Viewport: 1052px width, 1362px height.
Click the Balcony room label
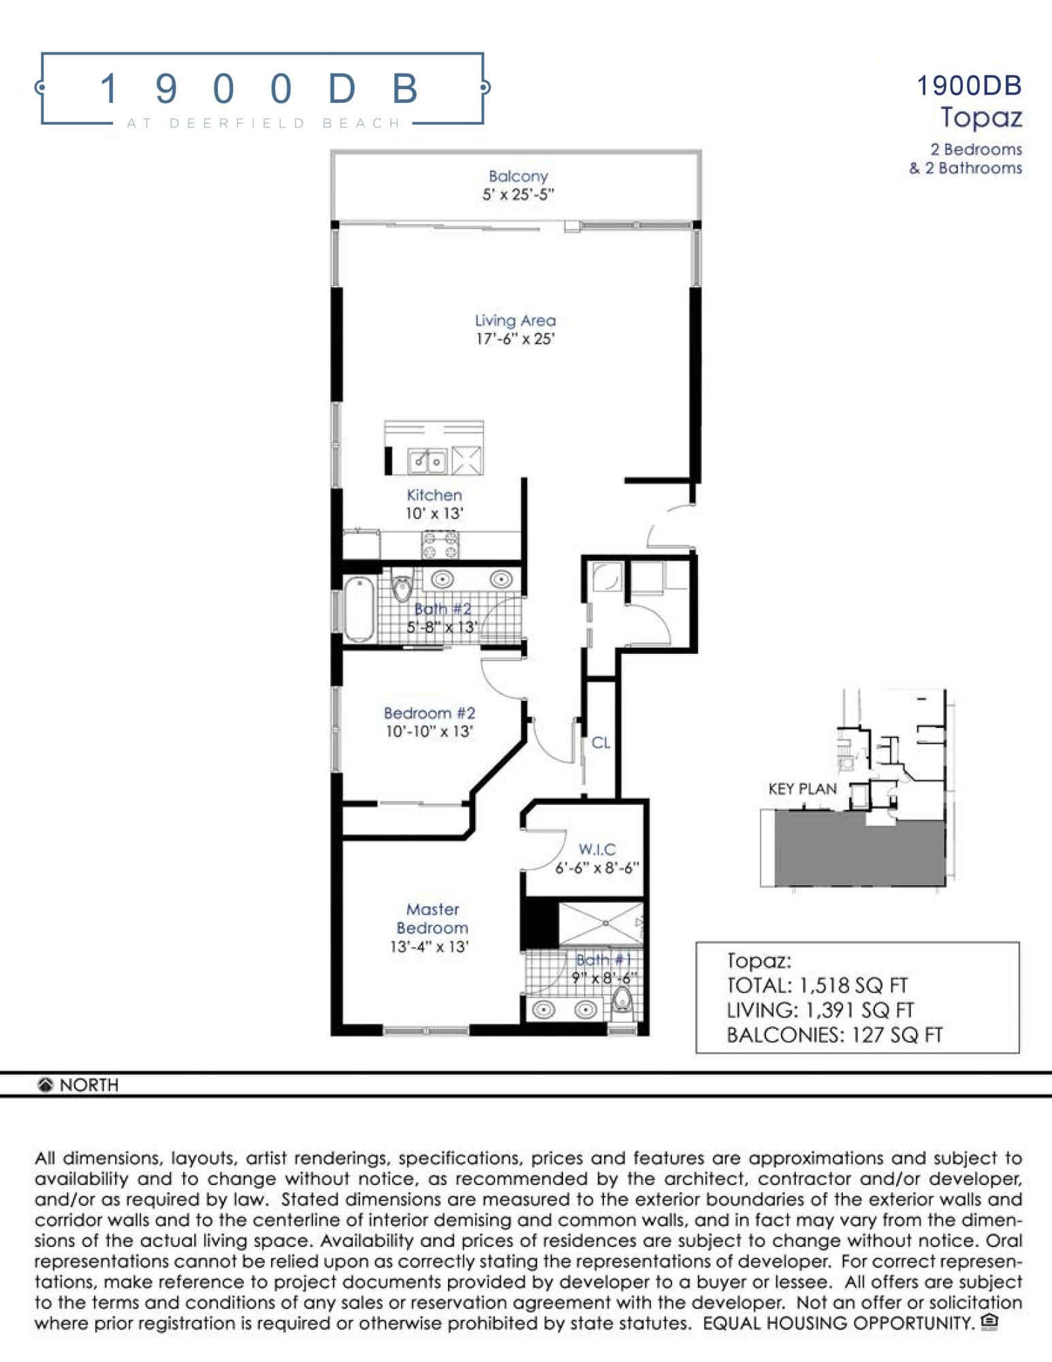[x=517, y=176]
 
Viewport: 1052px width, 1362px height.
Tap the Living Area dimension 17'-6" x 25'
[x=515, y=339]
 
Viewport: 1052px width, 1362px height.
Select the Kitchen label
[x=434, y=495]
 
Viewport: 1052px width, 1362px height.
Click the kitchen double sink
[x=427, y=461]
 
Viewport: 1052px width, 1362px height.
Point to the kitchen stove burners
[x=440, y=545]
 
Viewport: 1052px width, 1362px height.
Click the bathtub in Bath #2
[x=359, y=609]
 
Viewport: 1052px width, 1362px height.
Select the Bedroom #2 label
[x=429, y=713]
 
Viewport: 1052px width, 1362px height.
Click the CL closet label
[x=601, y=742]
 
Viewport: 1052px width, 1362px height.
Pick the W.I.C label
[x=597, y=849]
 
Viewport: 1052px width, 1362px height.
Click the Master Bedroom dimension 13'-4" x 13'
[x=429, y=947]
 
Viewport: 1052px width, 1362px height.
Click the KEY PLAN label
[x=802, y=789]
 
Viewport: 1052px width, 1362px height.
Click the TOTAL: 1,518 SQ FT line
[x=817, y=985]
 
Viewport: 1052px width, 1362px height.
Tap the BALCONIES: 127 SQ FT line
[x=834, y=1035]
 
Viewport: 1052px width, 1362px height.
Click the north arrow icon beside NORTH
[x=46, y=1085]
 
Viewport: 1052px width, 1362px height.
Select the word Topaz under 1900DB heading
[x=981, y=118]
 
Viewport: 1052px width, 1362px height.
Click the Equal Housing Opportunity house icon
[x=989, y=1322]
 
